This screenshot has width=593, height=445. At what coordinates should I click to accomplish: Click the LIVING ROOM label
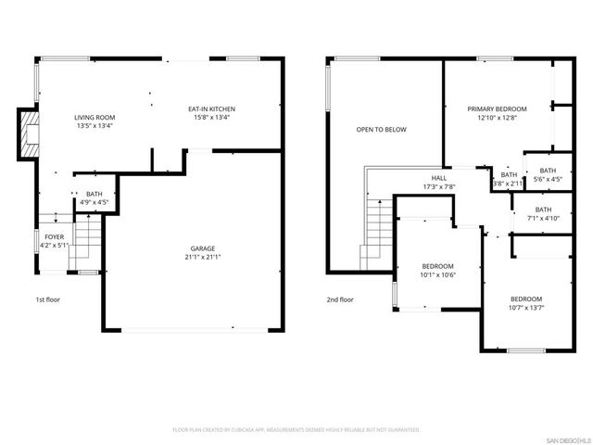pos(95,118)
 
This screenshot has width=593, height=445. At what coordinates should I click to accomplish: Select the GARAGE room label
pos(203,248)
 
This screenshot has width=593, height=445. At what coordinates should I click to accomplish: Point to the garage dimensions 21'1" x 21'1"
pos(204,257)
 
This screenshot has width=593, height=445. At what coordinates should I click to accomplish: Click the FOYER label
pos(55,236)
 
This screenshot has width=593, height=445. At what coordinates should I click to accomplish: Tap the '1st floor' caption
pos(47,299)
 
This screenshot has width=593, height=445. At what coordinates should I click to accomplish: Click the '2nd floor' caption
pos(340,299)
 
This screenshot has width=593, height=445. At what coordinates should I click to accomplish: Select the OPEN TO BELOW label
pos(381,130)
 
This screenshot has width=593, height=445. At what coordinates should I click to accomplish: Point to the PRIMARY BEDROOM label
pos(497,109)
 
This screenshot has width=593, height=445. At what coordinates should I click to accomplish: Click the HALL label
pos(438,178)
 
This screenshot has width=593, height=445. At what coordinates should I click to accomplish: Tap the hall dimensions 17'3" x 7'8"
pos(438,186)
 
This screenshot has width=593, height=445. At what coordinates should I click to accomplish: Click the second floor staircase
pos(376,232)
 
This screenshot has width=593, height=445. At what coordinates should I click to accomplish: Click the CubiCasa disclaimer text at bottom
pos(296,430)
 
